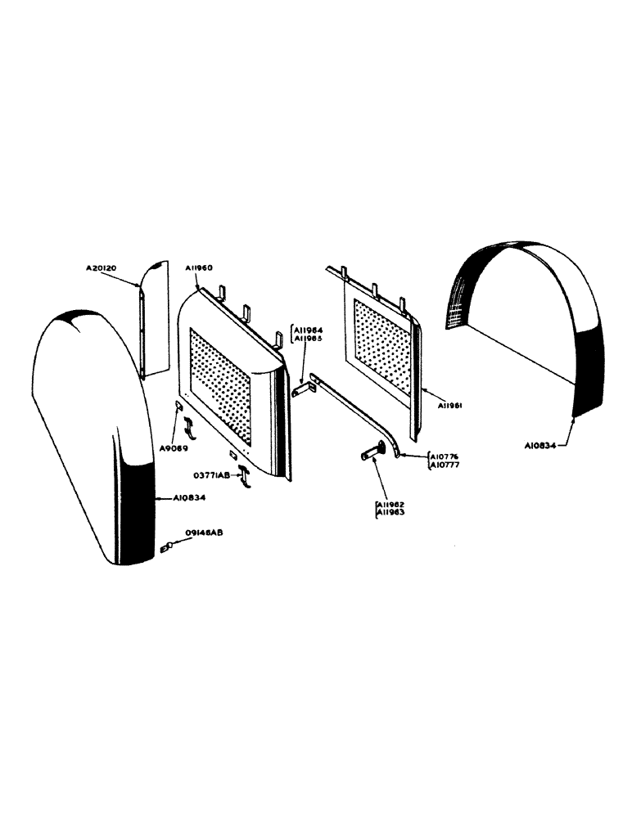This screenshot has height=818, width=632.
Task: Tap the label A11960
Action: [x=199, y=267]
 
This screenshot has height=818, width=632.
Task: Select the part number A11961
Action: [x=453, y=405]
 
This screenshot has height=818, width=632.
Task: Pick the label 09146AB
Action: [x=205, y=533]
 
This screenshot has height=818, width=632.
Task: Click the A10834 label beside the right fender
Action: [x=540, y=446]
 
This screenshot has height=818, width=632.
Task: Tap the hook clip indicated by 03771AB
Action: [x=245, y=477]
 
